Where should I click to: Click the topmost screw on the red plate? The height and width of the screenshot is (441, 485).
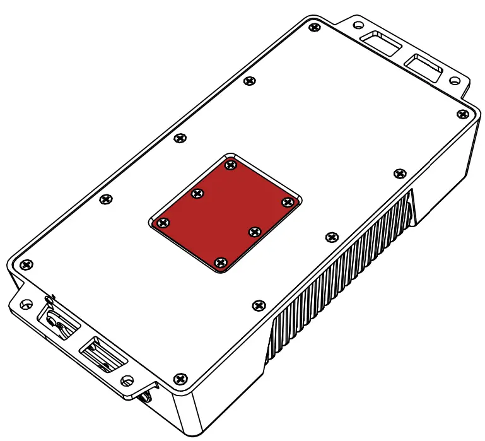230,165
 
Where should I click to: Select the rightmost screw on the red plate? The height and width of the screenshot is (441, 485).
288,202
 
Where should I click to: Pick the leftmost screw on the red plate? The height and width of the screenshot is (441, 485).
163,223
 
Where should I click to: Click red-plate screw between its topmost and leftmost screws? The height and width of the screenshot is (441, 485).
197,193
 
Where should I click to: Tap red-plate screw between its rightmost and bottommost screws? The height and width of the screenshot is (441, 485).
254,232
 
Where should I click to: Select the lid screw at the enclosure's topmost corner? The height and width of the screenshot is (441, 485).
314,27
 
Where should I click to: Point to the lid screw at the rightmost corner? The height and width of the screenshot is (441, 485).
462,114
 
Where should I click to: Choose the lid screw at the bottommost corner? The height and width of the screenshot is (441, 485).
181,378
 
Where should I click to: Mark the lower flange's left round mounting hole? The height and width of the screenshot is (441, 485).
25,304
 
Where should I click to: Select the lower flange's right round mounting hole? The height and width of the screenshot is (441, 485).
127,380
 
